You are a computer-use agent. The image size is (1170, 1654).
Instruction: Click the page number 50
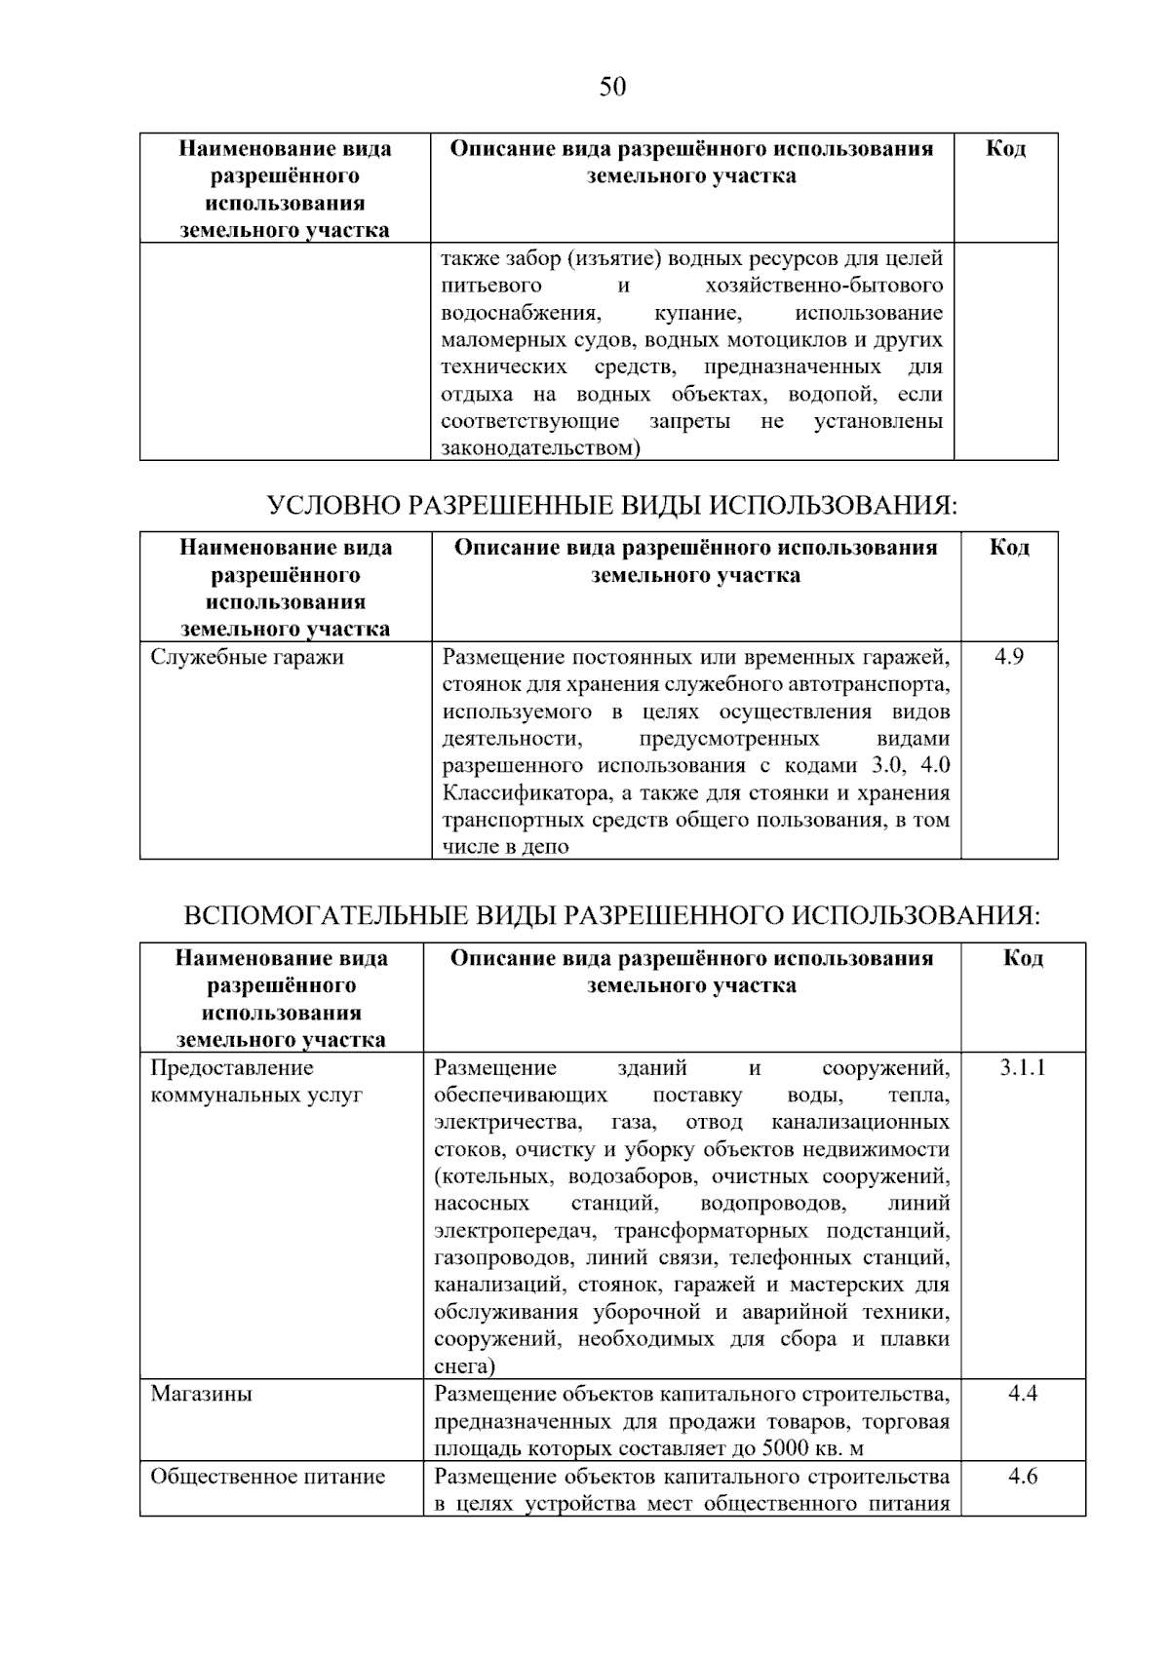pos(612,88)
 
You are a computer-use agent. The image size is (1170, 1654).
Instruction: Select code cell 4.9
pos(1009,657)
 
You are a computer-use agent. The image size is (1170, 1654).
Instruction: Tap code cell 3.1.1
pos(1022,1067)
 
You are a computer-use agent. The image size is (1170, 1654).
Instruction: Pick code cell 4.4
pos(1022,1394)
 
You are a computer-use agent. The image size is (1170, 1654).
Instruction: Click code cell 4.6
pos(1022,1476)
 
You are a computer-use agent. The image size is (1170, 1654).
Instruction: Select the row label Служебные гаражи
pos(247,657)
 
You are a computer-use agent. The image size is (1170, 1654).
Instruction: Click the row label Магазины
pos(201,1394)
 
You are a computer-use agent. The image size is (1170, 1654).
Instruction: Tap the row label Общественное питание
pos(267,1477)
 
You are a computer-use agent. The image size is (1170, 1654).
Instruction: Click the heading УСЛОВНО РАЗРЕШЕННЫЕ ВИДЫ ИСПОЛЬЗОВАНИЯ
pos(612,506)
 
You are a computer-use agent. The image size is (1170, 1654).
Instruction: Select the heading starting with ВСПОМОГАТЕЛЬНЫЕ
pos(612,916)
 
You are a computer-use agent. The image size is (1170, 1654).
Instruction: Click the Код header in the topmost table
pos(1005,149)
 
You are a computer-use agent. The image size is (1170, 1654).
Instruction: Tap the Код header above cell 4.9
pos(1009,547)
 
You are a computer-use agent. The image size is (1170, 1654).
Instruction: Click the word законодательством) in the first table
pos(540,448)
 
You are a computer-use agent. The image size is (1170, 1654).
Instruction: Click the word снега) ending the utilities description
pos(464,1366)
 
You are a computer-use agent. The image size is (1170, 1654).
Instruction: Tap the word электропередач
pos(509,1230)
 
